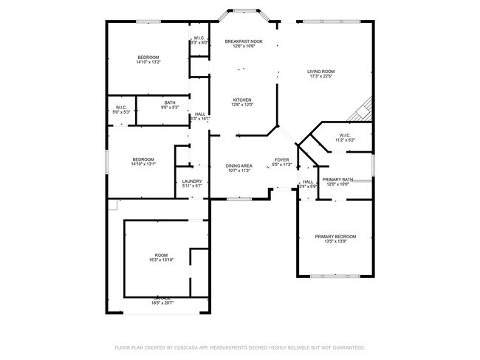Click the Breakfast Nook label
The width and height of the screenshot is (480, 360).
coord(244,41)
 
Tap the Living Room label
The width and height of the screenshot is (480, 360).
coord(321,72)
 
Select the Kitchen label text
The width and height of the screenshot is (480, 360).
coord(243,100)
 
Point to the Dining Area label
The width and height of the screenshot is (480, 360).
coord(239,166)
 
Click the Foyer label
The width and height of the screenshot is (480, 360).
coord(281,159)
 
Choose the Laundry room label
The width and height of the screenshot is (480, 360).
coord(192,181)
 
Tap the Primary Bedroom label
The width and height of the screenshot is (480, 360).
coord(335,237)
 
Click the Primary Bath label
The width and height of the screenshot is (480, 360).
coord(337,180)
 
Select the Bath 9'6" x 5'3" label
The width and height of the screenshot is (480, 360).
coord(170,103)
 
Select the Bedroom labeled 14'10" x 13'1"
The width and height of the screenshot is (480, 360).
coord(143,159)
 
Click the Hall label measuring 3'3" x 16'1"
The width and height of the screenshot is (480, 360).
coord(200,114)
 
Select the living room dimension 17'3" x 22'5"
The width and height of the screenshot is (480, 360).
coord(321,76)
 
